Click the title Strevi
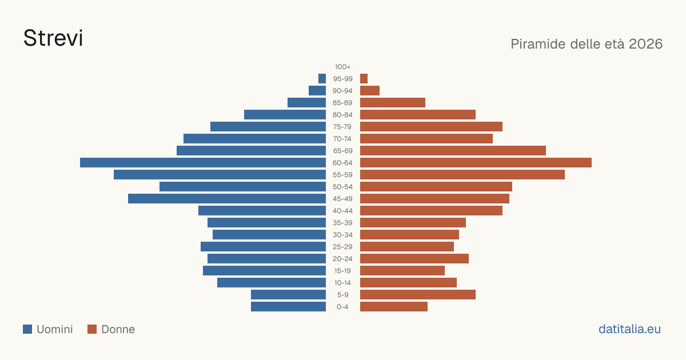click(53, 38)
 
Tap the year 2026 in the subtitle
click(645, 44)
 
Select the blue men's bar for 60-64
click(203, 162)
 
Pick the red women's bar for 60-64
click(476, 162)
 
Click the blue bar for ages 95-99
click(322, 79)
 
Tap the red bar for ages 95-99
click(364, 79)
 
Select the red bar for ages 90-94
click(370, 91)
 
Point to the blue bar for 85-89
click(306, 102)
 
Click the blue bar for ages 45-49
click(227, 199)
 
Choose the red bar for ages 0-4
click(394, 307)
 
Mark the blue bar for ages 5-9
click(289, 295)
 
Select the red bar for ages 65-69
click(453, 151)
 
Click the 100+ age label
click(342, 67)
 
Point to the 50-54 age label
click(342, 187)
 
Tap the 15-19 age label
click(342, 271)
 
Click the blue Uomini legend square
click(27, 329)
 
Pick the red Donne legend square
click(92, 329)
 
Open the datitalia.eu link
click(629, 329)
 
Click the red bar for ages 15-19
click(402, 271)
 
